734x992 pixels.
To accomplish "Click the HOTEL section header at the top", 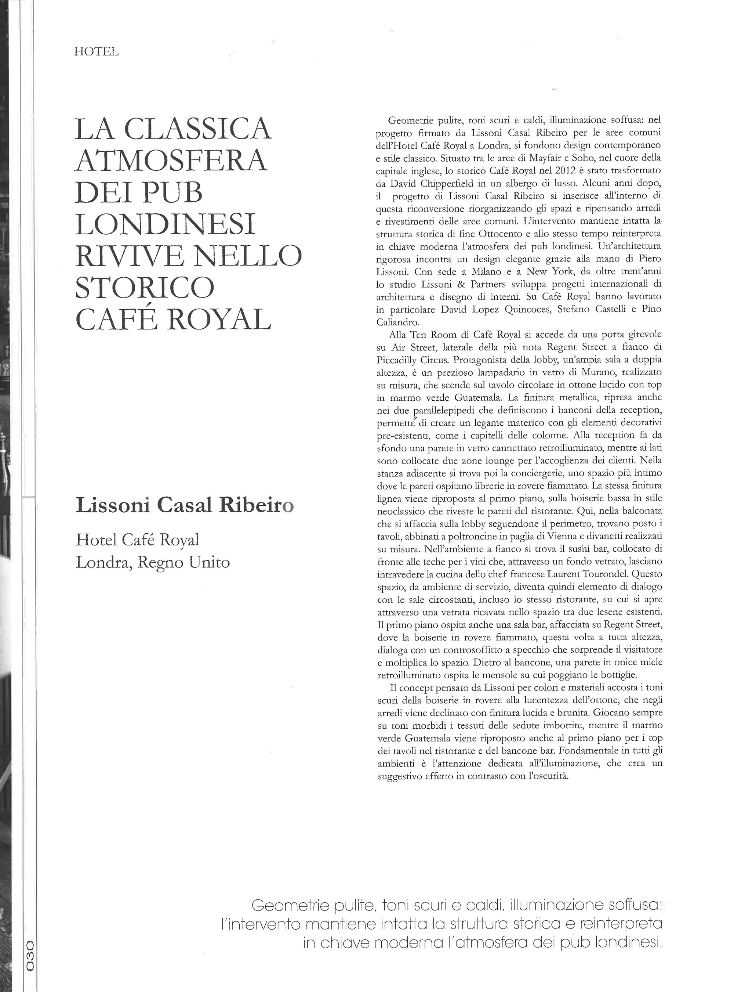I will [x=97, y=52].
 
